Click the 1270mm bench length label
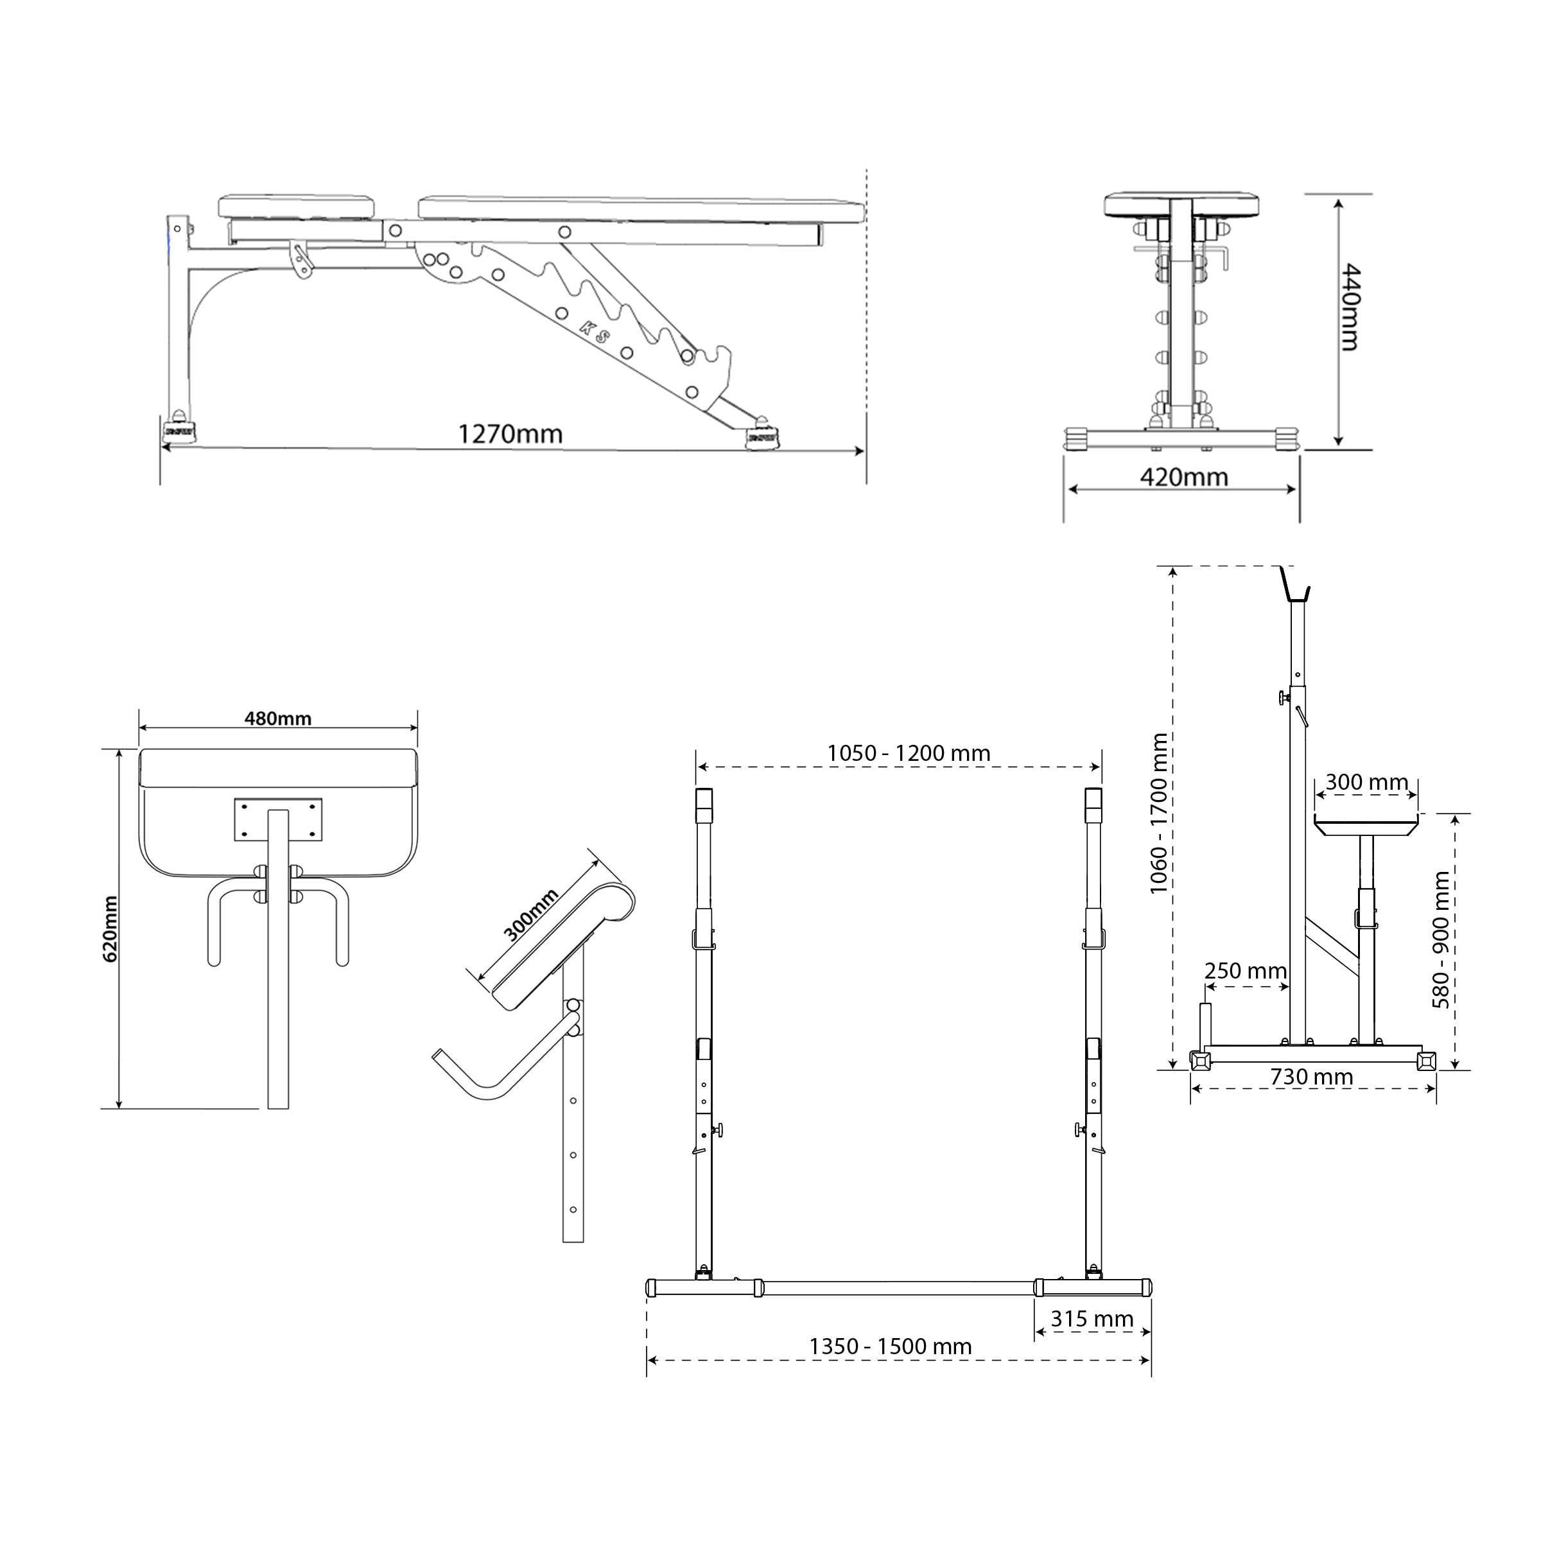[510, 434]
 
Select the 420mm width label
[1183, 477]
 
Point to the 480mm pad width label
[277, 718]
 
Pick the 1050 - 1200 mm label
[909, 753]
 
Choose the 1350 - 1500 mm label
[890, 1346]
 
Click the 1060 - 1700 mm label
[1159, 814]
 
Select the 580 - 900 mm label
[1440, 939]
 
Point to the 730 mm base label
[1311, 1077]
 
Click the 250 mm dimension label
[1245, 971]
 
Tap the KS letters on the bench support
[594, 331]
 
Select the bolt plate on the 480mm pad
[277, 819]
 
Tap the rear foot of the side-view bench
[178, 428]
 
